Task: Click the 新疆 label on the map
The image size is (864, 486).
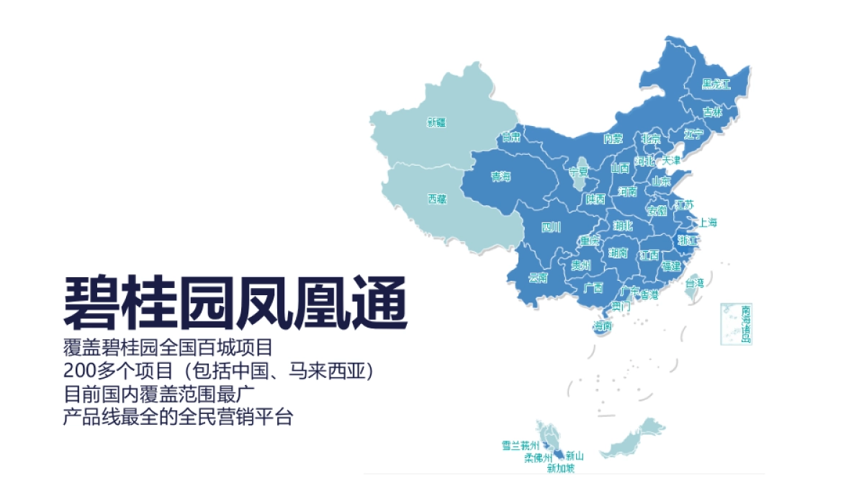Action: coord(436,122)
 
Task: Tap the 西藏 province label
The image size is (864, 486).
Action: coord(436,199)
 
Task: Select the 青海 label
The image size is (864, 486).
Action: coord(500,176)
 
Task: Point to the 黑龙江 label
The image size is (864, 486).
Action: coord(716,84)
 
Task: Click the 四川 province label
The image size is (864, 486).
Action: coord(551,228)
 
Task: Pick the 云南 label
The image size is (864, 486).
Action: coord(538,277)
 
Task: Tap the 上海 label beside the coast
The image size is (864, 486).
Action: coord(708,222)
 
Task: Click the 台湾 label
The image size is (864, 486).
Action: coord(695,284)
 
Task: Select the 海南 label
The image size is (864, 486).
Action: coord(603,326)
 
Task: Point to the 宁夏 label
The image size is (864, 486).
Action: coord(579,172)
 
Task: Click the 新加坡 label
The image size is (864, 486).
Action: coord(561,469)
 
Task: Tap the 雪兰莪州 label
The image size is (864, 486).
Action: coord(520,445)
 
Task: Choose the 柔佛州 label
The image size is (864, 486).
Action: coord(538,457)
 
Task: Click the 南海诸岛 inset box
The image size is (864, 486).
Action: coord(736,324)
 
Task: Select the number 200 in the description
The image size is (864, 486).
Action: coord(78,372)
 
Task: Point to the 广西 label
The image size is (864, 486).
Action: coord(593,289)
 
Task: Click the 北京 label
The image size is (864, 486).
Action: coord(650,139)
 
